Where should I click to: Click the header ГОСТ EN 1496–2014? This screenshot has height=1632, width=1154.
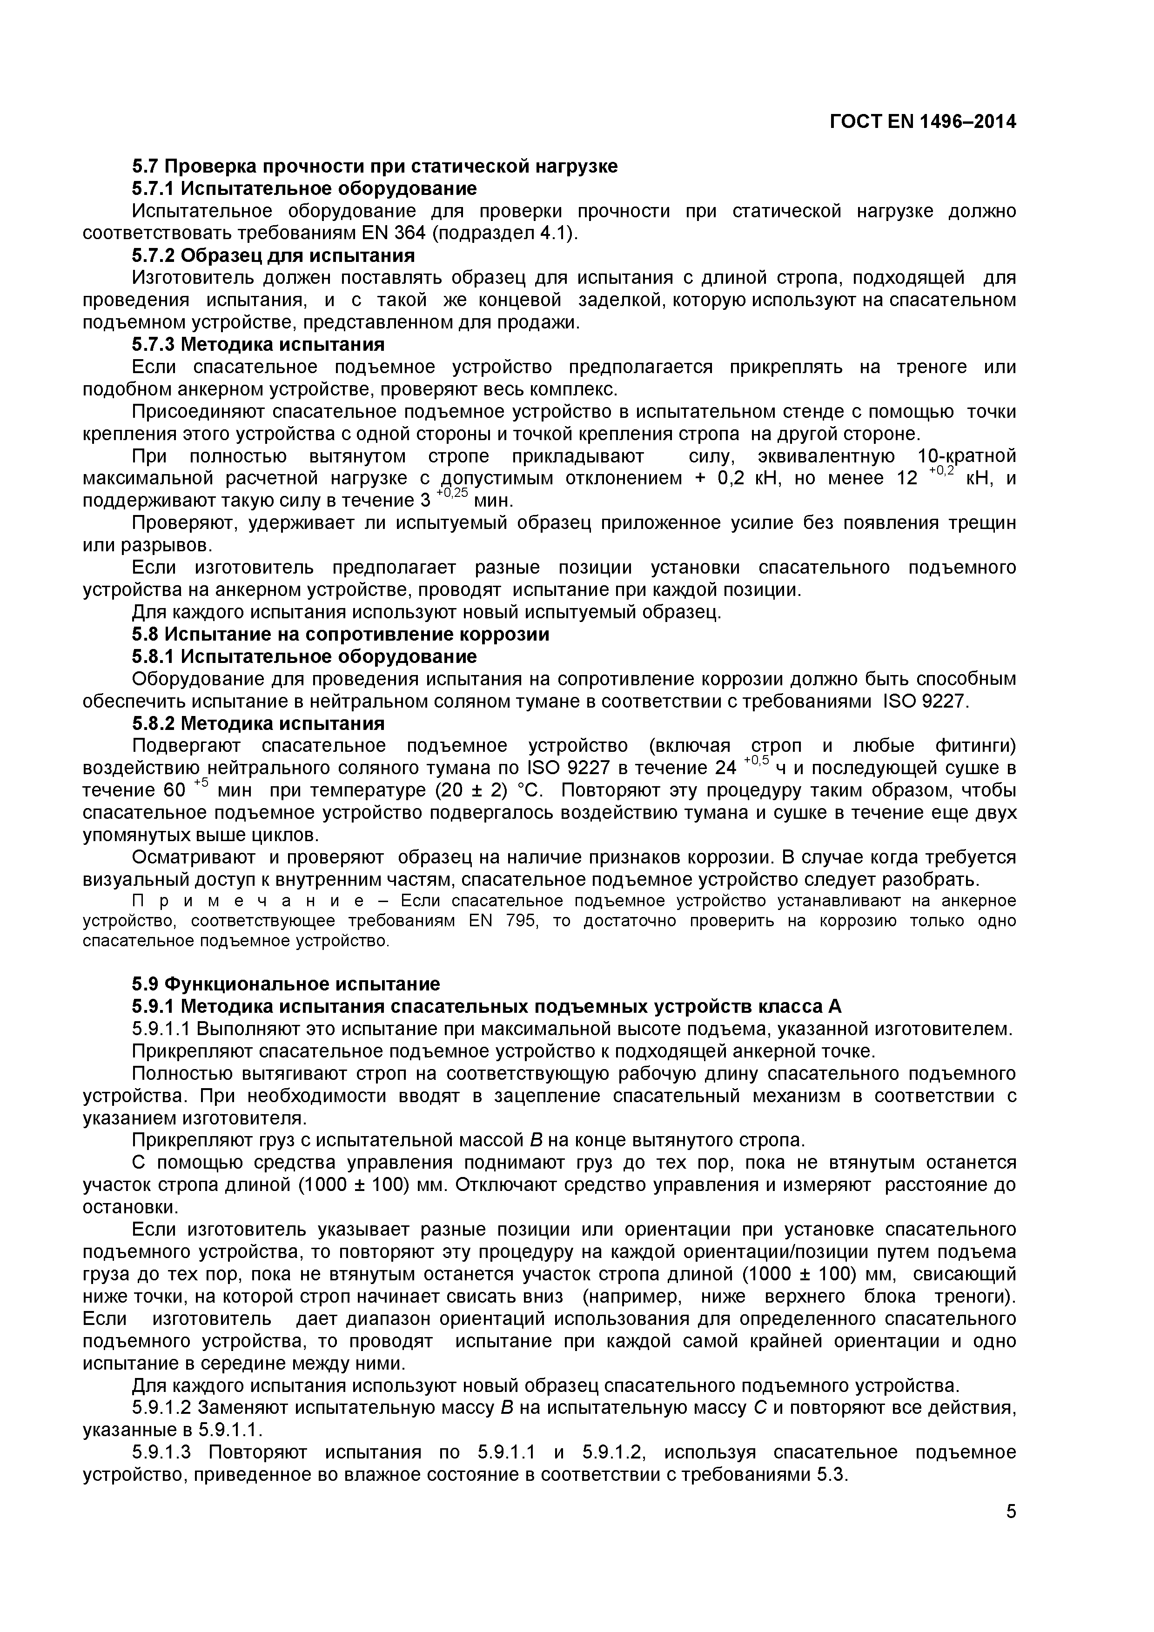click(x=922, y=122)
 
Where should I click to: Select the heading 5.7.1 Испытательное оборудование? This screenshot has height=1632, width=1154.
click(x=304, y=188)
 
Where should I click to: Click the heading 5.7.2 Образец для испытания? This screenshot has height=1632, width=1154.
click(x=273, y=255)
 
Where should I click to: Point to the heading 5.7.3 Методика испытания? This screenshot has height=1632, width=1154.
click(x=258, y=345)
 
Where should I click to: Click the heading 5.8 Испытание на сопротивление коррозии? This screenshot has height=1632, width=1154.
click(x=341, y=634)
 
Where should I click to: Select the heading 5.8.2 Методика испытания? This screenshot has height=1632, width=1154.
click(x=258, y=723)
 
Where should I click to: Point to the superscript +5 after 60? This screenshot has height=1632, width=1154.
click(x=201, y=783)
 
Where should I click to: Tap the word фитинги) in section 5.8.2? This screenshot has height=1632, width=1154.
click(x=975, y=746)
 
